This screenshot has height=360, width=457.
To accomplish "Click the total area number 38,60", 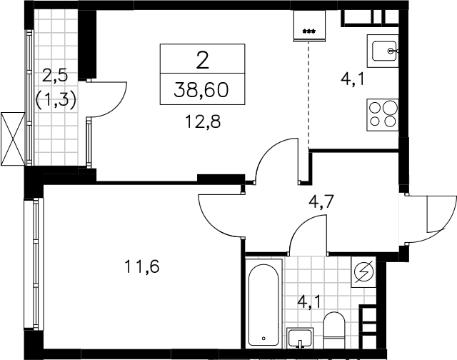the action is [x=201, y=89].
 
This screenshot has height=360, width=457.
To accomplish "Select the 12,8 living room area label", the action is [x=203, y=121].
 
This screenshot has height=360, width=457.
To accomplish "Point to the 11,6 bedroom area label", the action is [x=141, y=266].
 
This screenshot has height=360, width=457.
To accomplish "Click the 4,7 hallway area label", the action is [x=321, y=201].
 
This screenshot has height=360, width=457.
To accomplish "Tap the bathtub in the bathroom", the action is [x=263, y=304].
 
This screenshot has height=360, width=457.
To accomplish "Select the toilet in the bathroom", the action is [x=334, y=330].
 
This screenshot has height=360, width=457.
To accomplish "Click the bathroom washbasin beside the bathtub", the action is [x=300, y=338].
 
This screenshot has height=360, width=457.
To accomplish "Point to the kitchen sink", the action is [x=383, y=51].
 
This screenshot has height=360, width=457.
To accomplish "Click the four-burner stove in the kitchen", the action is [x=383, y=115].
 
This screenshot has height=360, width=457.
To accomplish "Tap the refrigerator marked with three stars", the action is [x=309, y=26].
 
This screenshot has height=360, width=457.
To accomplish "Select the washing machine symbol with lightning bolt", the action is [x=363, y=272].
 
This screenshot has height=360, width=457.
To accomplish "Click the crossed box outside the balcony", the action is [x=13, y=139].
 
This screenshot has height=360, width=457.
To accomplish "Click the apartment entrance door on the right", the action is [x=428, y=218].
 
